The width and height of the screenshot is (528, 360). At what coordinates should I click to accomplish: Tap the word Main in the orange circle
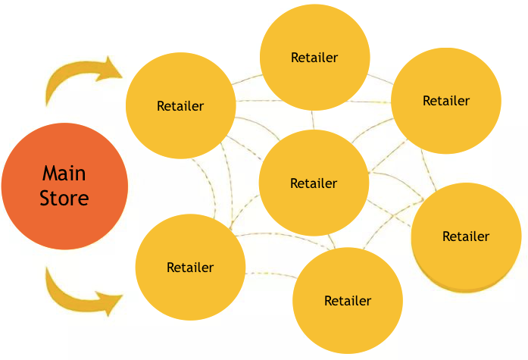64,174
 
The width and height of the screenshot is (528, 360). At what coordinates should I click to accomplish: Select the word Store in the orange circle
64,199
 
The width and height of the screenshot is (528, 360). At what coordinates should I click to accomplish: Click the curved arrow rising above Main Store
76,80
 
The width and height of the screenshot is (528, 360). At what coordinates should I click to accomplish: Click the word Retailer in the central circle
314,183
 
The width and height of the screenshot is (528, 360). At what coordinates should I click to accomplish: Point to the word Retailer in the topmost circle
314,57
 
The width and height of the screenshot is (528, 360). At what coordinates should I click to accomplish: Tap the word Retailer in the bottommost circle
348,301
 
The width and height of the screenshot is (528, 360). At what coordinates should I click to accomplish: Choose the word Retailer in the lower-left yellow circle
190,268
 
